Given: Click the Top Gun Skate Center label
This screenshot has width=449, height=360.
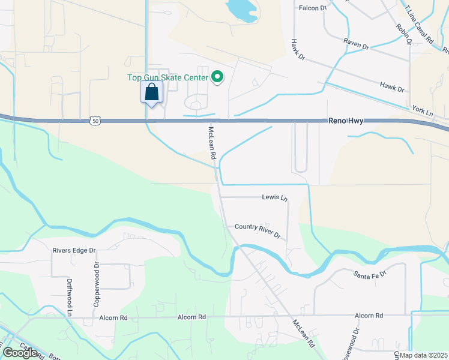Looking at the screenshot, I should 167,77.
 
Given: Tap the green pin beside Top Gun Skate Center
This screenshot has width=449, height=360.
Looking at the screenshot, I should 218,77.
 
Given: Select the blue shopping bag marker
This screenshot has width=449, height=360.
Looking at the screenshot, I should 151,93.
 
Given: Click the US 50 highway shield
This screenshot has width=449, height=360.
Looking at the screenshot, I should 96,121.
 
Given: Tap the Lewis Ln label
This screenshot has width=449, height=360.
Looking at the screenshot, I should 275,197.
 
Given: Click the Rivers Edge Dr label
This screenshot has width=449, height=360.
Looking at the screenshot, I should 74,250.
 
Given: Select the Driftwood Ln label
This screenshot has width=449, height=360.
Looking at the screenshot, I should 70,297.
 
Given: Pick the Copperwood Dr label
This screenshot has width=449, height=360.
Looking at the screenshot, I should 95,284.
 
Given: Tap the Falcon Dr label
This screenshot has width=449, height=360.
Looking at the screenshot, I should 313,8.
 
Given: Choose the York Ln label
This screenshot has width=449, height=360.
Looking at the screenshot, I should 423,111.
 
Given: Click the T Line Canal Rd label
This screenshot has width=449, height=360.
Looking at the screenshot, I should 420,24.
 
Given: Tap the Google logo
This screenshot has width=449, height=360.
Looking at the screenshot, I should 19,353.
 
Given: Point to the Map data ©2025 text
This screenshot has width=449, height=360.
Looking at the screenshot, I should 423,355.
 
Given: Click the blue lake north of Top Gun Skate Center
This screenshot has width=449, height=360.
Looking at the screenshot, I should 241,8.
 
